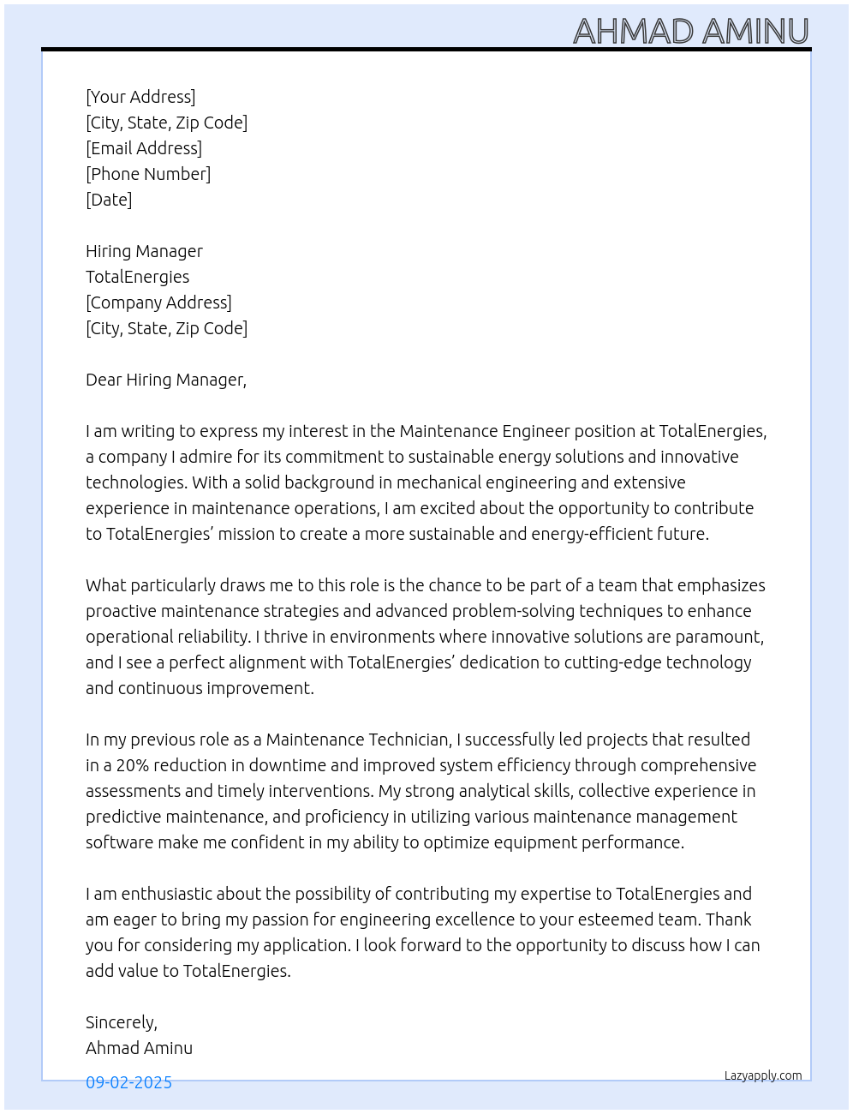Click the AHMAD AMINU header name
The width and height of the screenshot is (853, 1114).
(690, 31)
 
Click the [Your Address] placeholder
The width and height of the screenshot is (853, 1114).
(140, 97)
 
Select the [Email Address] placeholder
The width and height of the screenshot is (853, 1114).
(144, 148)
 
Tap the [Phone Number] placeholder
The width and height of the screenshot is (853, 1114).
(148, 174)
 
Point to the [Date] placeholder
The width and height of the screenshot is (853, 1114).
(109, 200)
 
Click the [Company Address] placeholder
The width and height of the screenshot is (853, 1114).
(158, 302)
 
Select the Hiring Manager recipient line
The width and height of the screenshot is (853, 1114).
(144, 251)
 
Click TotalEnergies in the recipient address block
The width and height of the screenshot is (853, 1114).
(137, 277)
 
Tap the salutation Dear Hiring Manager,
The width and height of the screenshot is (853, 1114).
(166, 380)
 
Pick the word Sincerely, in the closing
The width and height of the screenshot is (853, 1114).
(122, 1022)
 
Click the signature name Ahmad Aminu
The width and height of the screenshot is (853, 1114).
(139, 1048)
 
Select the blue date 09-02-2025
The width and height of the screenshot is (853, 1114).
(128, 1082)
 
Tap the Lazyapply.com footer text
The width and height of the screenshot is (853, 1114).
(763, 1075)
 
